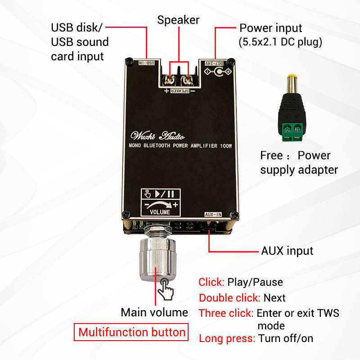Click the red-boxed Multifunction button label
[x=131, y=333]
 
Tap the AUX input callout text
[x=287, y=250]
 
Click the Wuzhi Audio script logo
[x=157, y=135]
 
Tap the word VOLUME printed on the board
[x=160, y=211]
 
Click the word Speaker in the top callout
[x=178, y=20]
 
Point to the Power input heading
[x=270, y=28]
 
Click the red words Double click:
[x=229, y=298]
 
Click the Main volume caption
[x=154, y=312]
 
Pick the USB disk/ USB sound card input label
[x=80, y=42]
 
